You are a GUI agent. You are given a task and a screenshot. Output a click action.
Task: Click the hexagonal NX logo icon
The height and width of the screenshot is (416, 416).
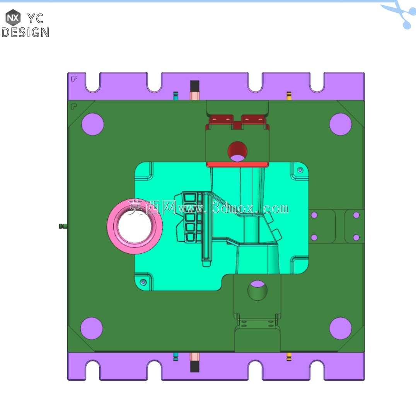click(x=13, y=17)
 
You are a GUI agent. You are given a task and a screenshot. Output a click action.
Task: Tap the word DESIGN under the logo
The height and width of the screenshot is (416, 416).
click(x=26, y=32)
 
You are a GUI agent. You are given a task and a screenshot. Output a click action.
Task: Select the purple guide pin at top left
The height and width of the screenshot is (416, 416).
click(x=92, y=124)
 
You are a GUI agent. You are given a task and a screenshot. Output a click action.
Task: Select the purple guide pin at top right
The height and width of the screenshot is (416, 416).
click(x=340, y=124)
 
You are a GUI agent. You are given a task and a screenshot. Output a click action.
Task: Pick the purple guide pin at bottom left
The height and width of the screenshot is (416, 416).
click(x=92, y=328)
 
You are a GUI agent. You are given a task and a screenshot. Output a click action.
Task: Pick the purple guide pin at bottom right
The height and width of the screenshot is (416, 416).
click(x=340, y=328)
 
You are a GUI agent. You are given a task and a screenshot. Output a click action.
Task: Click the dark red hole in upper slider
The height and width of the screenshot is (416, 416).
click(x=237, y=150)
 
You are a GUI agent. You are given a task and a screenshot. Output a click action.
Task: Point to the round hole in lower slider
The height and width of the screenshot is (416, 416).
click(x=257, y=290)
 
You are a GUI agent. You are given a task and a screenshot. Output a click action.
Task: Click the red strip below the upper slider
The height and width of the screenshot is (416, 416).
click(x=237, y=164)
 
